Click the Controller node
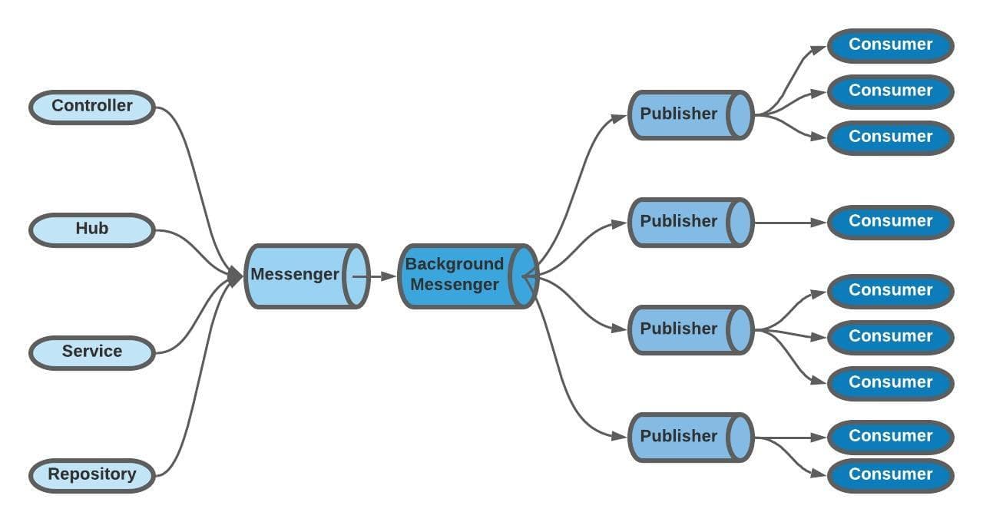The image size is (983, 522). pyautogui.click(x=92, y=107)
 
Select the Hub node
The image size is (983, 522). pyautogui.click(x=92, y=230)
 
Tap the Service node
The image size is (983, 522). pyautogui.click(x=92, y=352)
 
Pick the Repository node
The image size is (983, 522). pyautogui.click(x=92, y=475)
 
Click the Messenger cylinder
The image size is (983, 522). pyautogui.click(x=296, y=276)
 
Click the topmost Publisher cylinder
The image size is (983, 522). pyautogui.click(x=679, y=114)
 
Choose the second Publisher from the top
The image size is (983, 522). pyautogui.click(x=679, y=222)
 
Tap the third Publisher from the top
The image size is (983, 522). pyautogui.click(x=679, y=329)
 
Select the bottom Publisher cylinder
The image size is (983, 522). pyautogui.click(x=679, y=437)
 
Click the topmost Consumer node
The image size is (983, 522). pyautogui.click(x=890, y=45)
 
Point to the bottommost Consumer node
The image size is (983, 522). pyautogui.click(x=890, y=475)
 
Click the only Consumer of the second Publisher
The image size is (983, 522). pyautogui.click(x=890, y=222)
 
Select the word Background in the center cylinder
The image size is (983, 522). pyautogui.click(x=455, y=265)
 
